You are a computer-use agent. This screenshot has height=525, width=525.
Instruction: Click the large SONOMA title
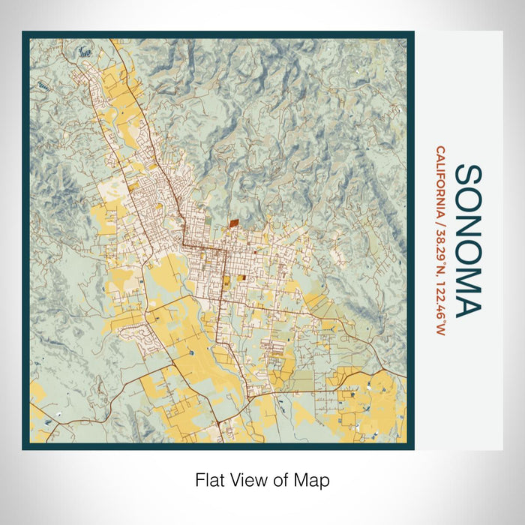pos(469,241)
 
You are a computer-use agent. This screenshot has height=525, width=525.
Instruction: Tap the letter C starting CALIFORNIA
pos(439,149)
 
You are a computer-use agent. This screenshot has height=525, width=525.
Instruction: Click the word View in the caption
pos(244,479)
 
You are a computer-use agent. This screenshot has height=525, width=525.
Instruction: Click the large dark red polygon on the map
pos(232,222)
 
